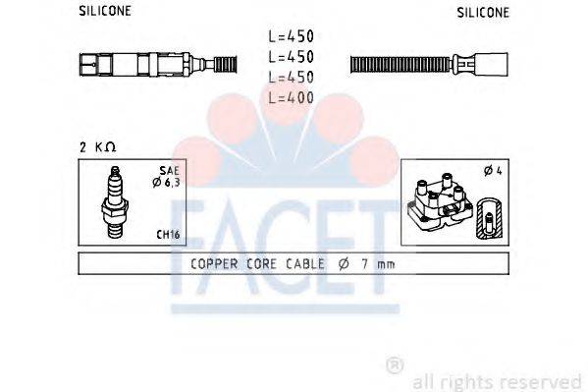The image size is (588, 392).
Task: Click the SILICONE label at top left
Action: pyautogui.click(x=104, y=13)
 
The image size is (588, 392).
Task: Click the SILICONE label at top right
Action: pyautogui.click(x=483, y=13)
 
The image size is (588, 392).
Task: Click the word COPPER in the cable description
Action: pyautogui.click(x=211, y=264)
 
